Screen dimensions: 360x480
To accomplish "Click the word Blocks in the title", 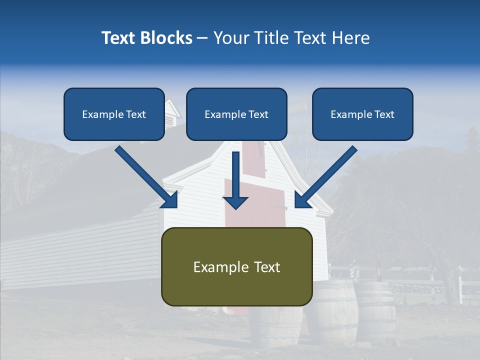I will pyautogui.click(x=167, y=38).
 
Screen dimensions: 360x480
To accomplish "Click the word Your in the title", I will pyautogui.click(x=230, y=38).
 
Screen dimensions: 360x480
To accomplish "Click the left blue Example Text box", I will pyautogui.click(x=114, y=114).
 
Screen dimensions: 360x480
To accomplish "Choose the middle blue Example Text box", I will pyautogui.click(x=236, y=114).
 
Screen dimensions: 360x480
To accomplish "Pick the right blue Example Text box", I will pyautogui.click(x=362, y=114).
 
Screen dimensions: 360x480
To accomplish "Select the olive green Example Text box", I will pyautogui.click(x=236, y=266).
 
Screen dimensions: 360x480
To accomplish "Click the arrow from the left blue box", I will pyautogui.click(x=147, y=177).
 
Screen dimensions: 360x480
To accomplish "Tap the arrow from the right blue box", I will pyautogui.click(x=325, y=177).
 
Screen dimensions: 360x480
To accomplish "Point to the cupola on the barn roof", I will pyautogui.click(x=172, y=112).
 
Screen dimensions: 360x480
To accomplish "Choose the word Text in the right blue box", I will pyautogui.click(x=384, y=114).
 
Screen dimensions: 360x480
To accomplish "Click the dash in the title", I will pyautogui.click(x=202, y=38).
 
